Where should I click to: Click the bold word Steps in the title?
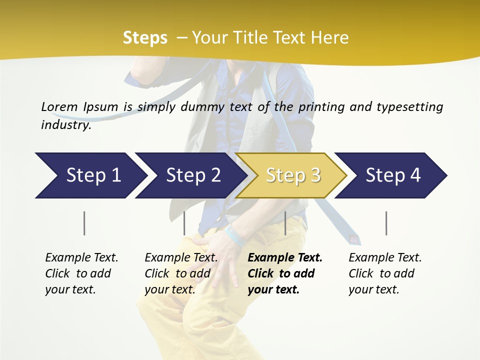tap(145, 38)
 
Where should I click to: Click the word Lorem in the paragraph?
tap(59, 106)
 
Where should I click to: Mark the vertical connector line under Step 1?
tap(84, 223)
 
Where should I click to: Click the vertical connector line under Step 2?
tap(184, 223)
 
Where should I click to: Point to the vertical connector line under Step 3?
tap(285, 223)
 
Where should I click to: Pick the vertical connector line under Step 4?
tap(386, 223)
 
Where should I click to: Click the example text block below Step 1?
tap(81, 273)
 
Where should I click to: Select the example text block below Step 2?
tap(181, 273)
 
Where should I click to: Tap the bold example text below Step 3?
tap(284, 273)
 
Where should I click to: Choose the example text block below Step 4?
tap(385, 273)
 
